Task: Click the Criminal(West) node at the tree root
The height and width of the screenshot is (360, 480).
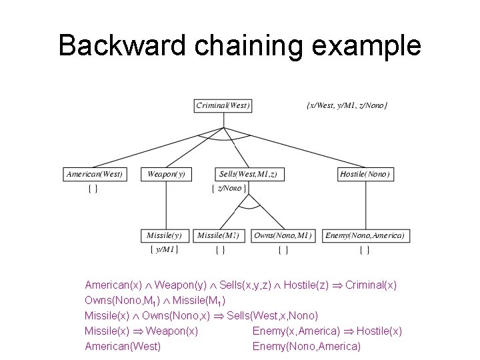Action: [223, 105]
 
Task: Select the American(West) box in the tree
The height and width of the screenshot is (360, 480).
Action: [94, 174]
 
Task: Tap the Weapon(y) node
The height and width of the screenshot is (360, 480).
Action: [166, 174]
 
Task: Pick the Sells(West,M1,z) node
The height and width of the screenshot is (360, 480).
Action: [249, 174]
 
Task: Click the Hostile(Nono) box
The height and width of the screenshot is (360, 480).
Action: [365, 174]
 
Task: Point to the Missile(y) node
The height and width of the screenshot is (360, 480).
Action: [164, 235]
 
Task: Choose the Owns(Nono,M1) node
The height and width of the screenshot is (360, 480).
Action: [283, 235]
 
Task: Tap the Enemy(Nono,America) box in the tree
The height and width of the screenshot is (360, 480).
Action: [365, 235]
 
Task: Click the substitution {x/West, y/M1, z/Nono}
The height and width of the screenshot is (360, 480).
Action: [347, 106]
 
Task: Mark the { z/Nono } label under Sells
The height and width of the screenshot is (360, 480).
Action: [229, 189]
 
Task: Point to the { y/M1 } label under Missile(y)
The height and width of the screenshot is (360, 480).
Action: [163, 250]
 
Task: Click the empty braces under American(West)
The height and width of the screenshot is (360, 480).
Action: [93, 189]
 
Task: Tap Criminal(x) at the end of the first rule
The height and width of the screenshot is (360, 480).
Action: [371, 285]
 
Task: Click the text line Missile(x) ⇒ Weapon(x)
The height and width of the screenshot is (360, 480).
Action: [141, 331]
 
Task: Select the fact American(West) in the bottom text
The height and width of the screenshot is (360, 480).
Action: [123, 346]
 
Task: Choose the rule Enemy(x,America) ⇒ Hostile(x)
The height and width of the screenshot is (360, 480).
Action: [327, 331]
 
